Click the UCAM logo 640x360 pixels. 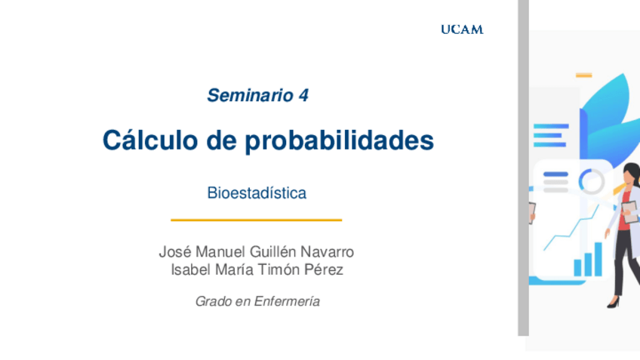point(462,29)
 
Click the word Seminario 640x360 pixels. point(251,96)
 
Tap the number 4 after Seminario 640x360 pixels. point(303,96)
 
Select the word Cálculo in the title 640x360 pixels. point(149,140)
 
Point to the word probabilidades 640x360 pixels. point(339,141)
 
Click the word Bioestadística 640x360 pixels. point(257,193)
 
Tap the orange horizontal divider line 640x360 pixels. point(257,220)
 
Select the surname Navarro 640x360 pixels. point(327,252)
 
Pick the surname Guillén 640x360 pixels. point(273,252)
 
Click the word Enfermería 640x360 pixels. point(287,301)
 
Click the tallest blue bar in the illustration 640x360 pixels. point(598,260)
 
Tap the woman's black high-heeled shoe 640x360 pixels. point(613,303)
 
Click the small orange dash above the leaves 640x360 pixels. point(583,75)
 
